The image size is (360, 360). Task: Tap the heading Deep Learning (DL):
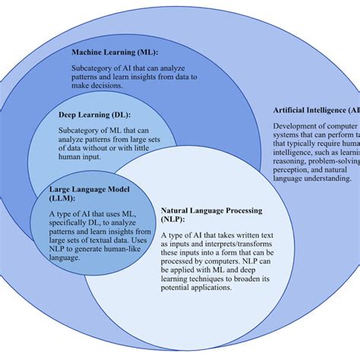93,115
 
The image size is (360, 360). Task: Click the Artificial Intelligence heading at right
315,109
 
